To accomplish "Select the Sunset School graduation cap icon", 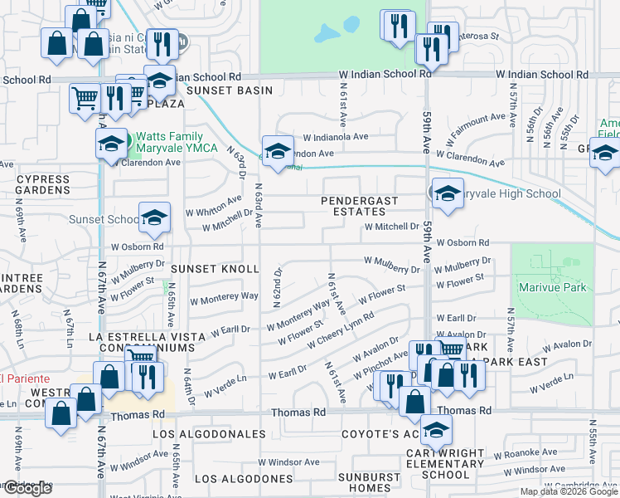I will [x=154, y=217].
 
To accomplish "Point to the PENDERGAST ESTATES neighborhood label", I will [x=361, y=206].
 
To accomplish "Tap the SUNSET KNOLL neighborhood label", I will [x=216, y=270].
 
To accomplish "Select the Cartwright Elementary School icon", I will [x=436, y=430].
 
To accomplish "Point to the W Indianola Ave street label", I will [x=335, y=136].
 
